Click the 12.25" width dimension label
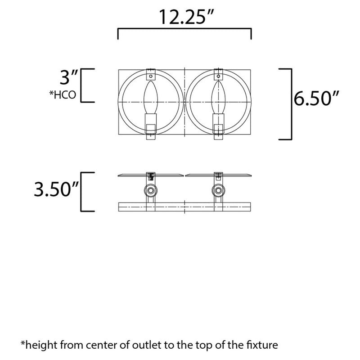click(184, 17)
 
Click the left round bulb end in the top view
click(150, 192)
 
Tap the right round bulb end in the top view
click(219, 192)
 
